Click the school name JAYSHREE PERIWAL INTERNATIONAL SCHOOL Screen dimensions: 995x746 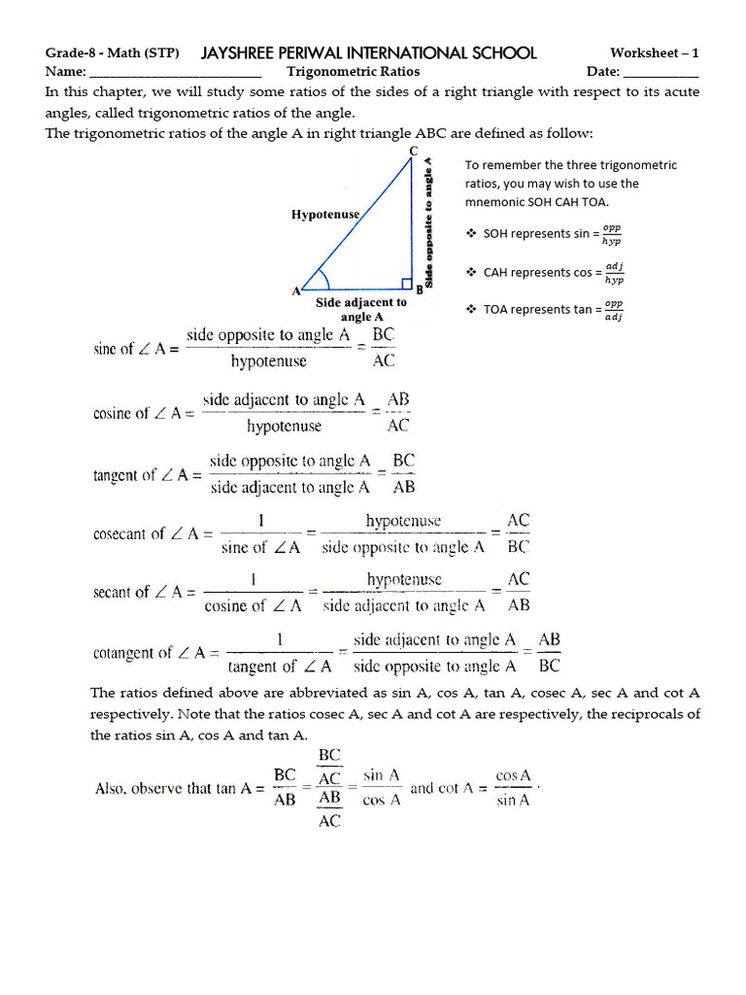368,52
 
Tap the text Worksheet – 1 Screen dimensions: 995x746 654,52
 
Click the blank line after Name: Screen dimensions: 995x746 175,74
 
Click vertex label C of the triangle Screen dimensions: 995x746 414,151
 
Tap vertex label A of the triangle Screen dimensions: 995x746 295,291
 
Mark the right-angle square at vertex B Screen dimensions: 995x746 408,285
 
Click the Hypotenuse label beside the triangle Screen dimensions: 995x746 325,214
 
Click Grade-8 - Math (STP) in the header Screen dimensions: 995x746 112,52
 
